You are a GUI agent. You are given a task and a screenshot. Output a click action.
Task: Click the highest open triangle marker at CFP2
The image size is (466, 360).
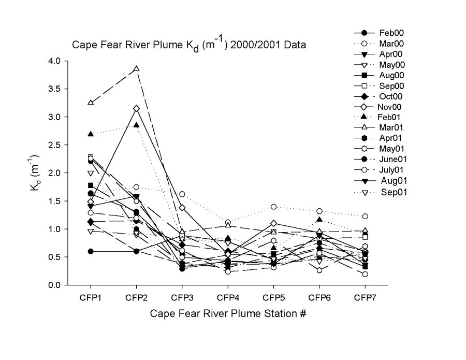click(x=136, y=69)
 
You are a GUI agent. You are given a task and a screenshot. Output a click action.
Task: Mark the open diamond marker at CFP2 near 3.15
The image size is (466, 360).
click(x=136, y=108)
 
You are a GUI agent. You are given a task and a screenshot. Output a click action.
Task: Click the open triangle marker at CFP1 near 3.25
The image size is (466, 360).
click(x=91, y=103)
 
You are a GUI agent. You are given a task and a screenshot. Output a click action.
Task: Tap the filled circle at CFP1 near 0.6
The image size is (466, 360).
click(x=91, y=251)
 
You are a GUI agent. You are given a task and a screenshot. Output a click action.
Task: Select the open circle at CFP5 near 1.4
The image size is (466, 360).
click(x=273, y=207)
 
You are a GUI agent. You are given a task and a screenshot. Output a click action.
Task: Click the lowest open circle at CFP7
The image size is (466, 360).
click(x=365, y=274)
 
